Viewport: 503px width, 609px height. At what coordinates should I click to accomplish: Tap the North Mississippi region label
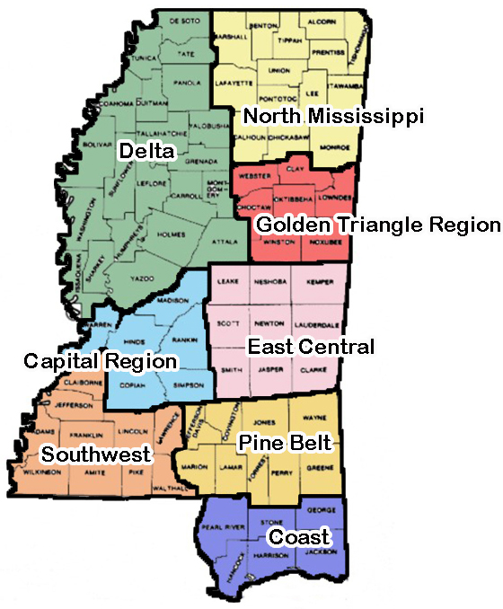click(333, 116)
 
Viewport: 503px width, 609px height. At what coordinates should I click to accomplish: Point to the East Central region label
click(311, 347)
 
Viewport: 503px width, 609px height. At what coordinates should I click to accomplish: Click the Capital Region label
click(100, 361)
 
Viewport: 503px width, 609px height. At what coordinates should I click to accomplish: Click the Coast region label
click(299, 537)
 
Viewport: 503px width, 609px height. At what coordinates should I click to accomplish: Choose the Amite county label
click(89, 471)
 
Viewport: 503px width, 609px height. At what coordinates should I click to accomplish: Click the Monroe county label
click(327, 145)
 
